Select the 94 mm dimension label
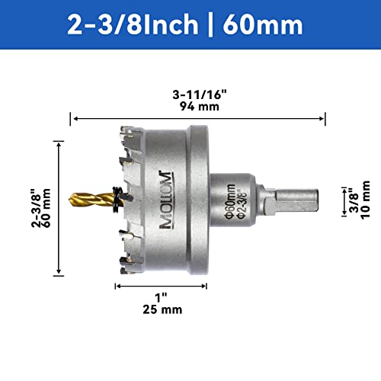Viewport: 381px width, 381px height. point(197,107)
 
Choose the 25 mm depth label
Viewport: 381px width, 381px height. point(161,309)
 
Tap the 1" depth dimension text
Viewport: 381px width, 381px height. point(161,297)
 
